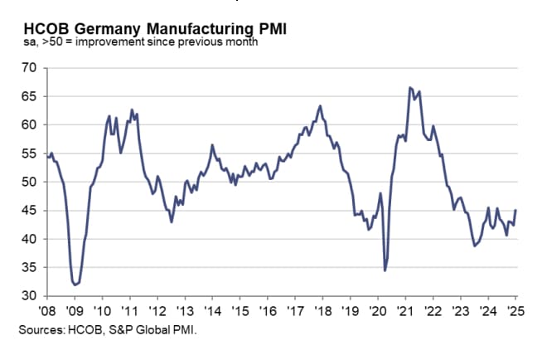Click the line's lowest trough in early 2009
point(75,285)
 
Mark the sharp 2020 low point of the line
point(385,270)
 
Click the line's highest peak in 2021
point(409,87)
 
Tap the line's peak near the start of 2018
point(321,106)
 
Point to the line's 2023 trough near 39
point(474,246)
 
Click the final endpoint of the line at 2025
point(516,210)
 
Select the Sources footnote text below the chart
point(107,330)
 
